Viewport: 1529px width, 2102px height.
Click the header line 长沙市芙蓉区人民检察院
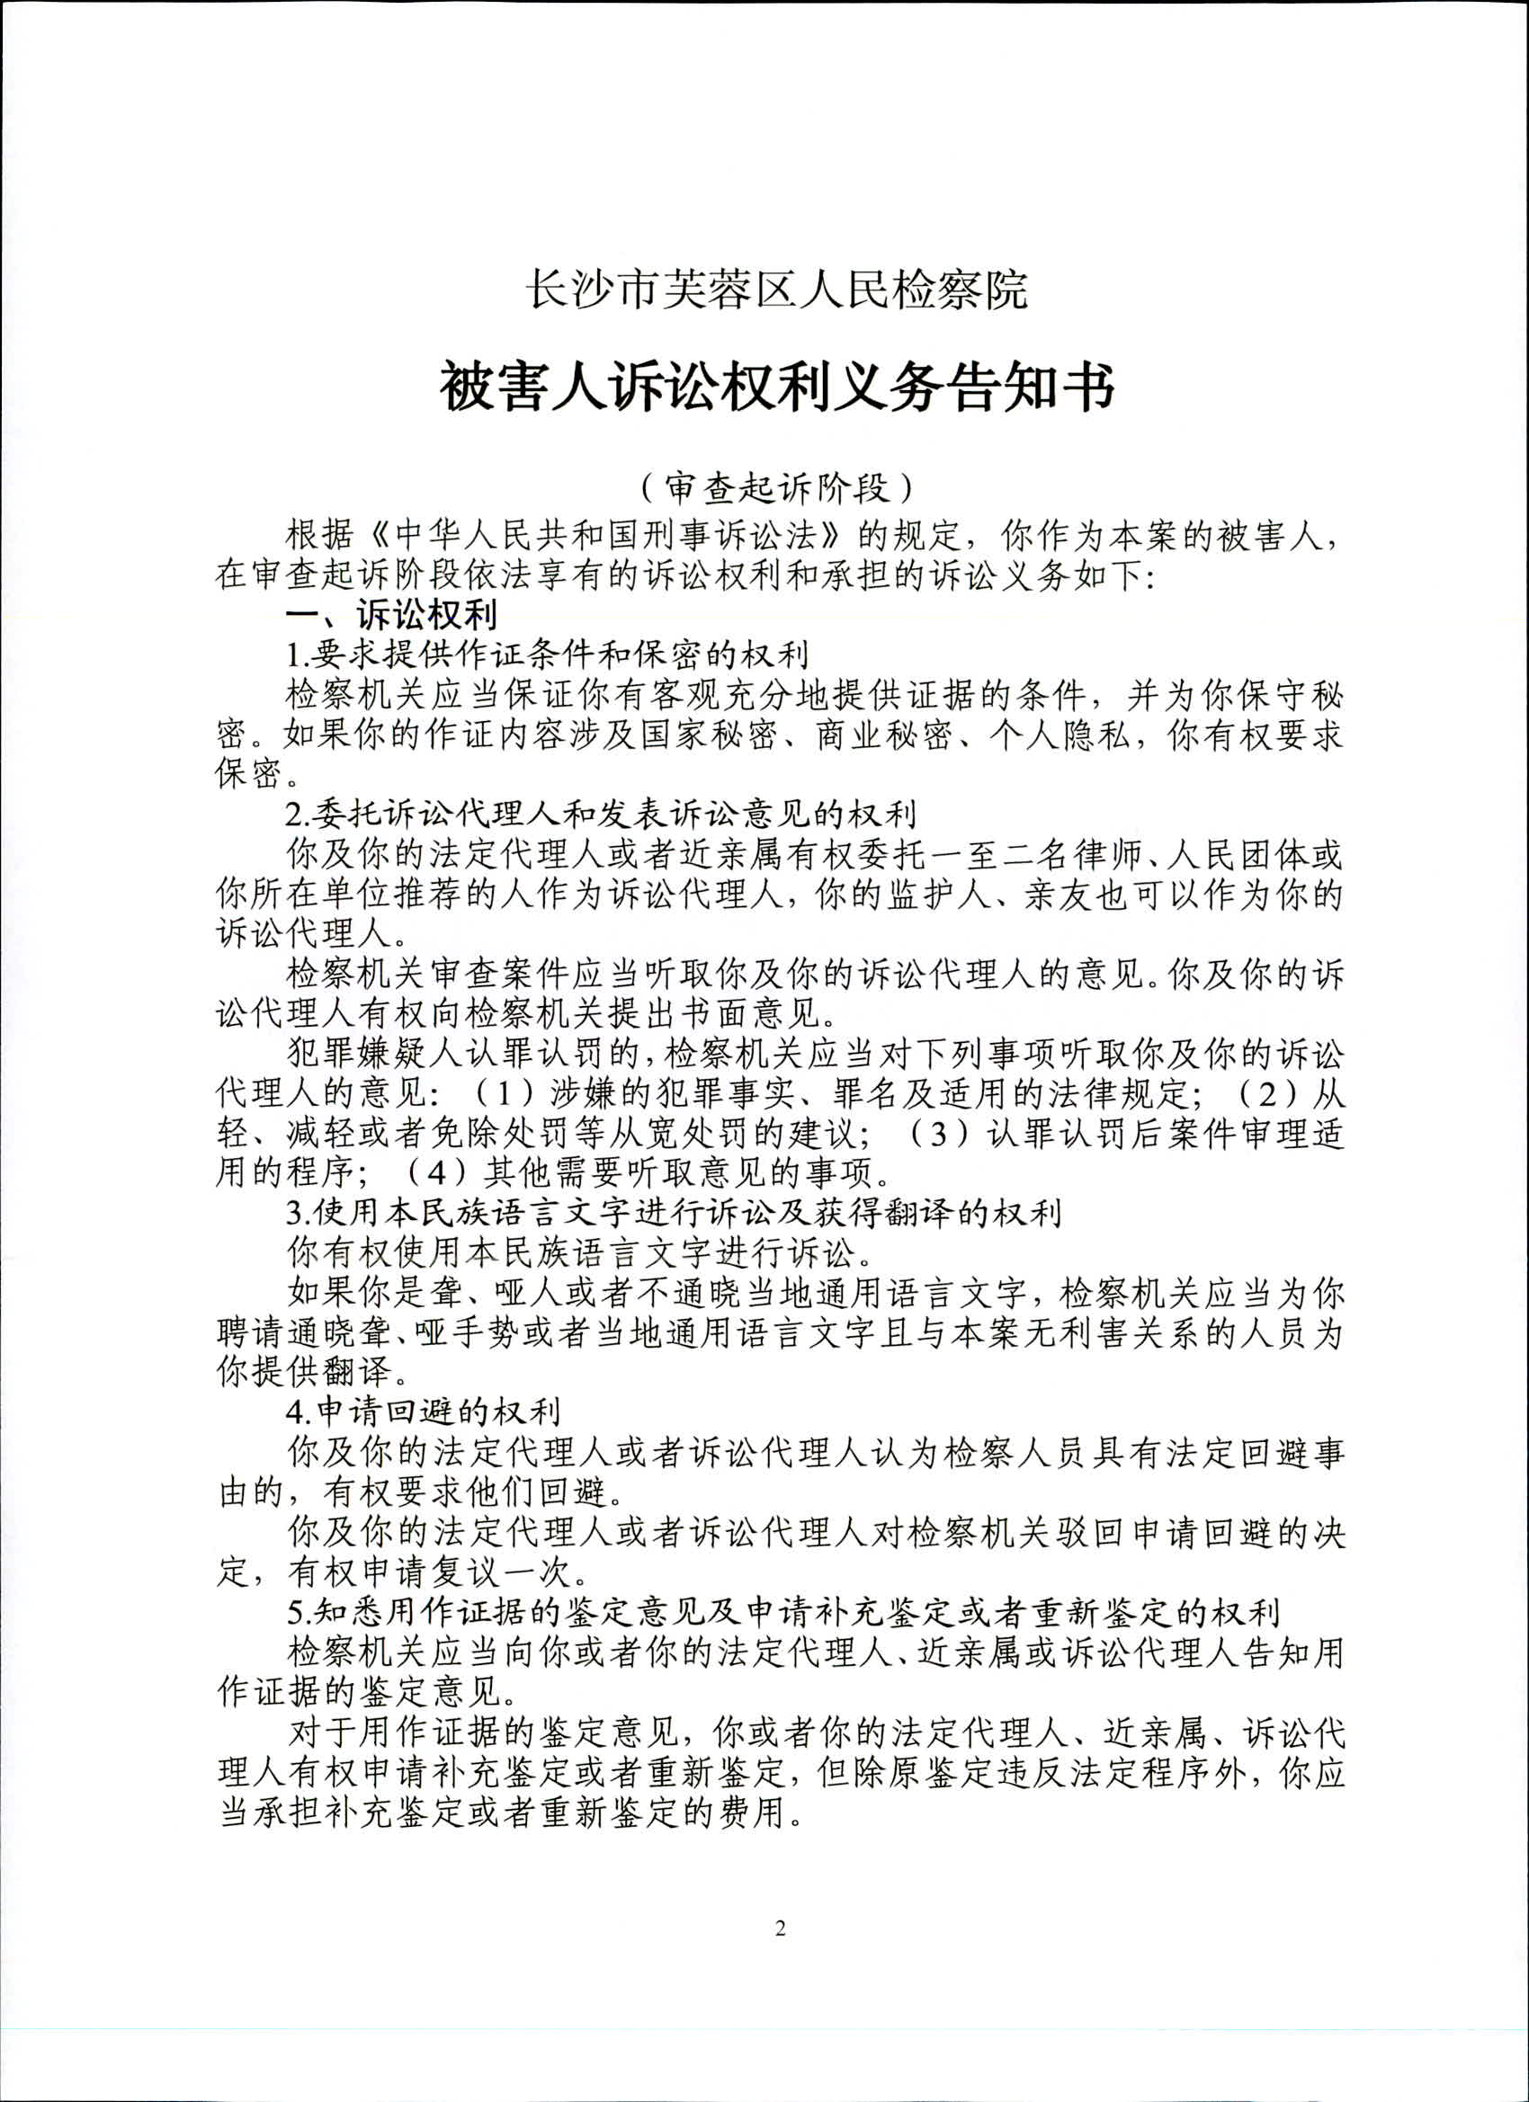777,290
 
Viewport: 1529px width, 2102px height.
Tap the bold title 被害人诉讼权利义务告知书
777,387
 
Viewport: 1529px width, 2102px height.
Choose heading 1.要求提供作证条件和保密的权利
547,655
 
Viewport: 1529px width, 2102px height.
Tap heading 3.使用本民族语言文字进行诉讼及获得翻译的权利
672,1212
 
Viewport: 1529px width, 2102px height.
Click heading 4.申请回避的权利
423,1412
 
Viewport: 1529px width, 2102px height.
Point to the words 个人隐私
1060,735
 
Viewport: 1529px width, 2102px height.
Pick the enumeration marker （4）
437,1173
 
